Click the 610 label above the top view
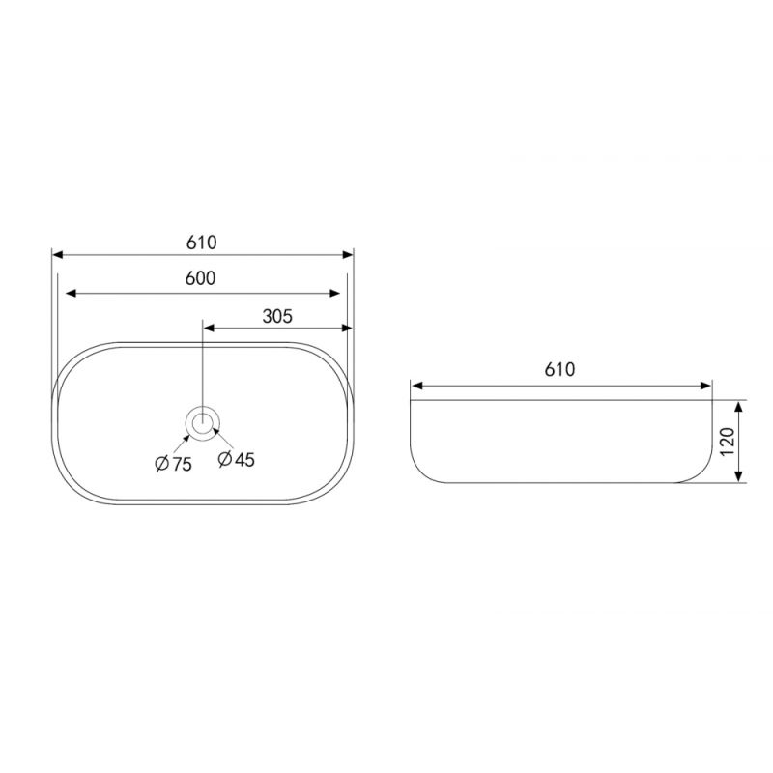coord(202,243)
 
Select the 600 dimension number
coord(201,278)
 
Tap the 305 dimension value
coord(277,316)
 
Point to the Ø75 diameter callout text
coord(173,464)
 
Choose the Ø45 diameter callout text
coord(236,460)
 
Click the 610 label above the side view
coord(559,369)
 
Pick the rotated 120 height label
coord(728,442)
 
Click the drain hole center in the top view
coord(202,422)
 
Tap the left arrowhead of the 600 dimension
coord(71,294)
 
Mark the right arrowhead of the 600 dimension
coord(334,294)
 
